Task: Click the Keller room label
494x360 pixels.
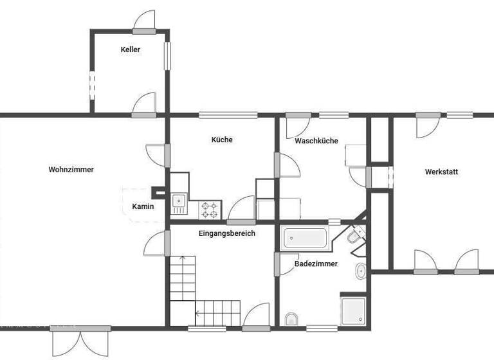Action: pos(130,50)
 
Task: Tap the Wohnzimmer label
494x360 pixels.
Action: pos(71,170)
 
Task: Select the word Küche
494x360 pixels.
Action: pos(222,139)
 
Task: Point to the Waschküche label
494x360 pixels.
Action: pos(316,141)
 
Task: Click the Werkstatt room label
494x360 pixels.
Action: pos(441,172)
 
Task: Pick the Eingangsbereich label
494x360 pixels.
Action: pos(227,233)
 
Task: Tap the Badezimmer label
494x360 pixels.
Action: pos(316,264)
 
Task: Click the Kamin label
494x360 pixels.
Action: pos(143,206)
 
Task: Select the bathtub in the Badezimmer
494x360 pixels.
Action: pos(305,238)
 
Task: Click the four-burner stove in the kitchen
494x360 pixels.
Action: pos(210,208)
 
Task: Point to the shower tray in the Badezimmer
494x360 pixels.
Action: pos(353,310)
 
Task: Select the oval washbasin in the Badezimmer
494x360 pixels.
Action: pos(360,271)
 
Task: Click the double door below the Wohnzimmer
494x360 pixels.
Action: pos(80,339)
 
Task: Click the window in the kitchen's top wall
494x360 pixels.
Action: pos(228,115)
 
